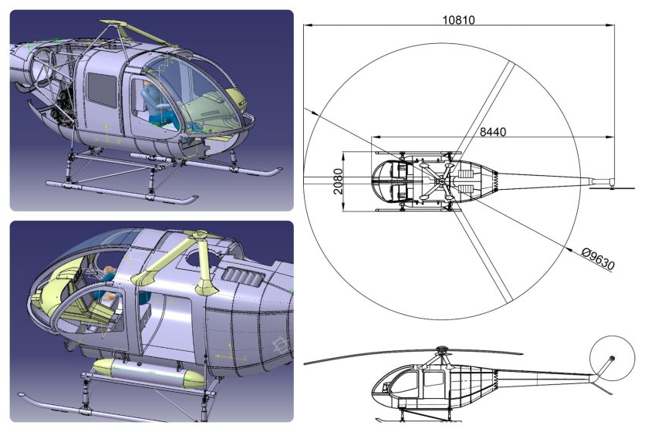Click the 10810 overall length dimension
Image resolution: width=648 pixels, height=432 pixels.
459,18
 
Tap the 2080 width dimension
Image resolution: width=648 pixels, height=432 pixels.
337,181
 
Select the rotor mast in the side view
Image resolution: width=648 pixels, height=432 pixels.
441,356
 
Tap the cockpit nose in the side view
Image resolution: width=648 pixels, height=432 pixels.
377,390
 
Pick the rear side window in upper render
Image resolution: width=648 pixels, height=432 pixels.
101,89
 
